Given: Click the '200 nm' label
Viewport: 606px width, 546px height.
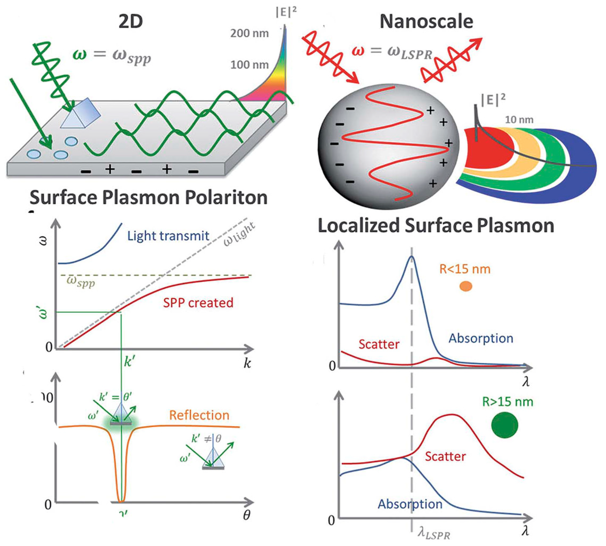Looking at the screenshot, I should (x=249, y=33).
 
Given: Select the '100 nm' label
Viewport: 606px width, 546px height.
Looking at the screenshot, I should (x=249, y=65).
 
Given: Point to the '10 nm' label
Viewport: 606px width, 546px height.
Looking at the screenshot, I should (x=519, y=120).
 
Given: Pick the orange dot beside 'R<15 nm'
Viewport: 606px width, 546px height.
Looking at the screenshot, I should (x=466, y=286).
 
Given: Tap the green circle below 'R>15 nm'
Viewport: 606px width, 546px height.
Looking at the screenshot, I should (x=505, y=425).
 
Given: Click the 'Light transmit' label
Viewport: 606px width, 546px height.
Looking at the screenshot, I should (x=168, y=236).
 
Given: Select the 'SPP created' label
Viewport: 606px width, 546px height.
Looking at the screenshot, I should (x=198, y=303).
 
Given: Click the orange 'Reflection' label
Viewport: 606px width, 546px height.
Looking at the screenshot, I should (x=199, y=415).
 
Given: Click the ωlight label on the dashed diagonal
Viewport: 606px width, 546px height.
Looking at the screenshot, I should (x=239, y=234).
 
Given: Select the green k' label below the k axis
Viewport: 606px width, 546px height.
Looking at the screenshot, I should (x=130, y=362).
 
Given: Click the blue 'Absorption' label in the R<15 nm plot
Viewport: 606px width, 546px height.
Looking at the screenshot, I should (x=481, y=338).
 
